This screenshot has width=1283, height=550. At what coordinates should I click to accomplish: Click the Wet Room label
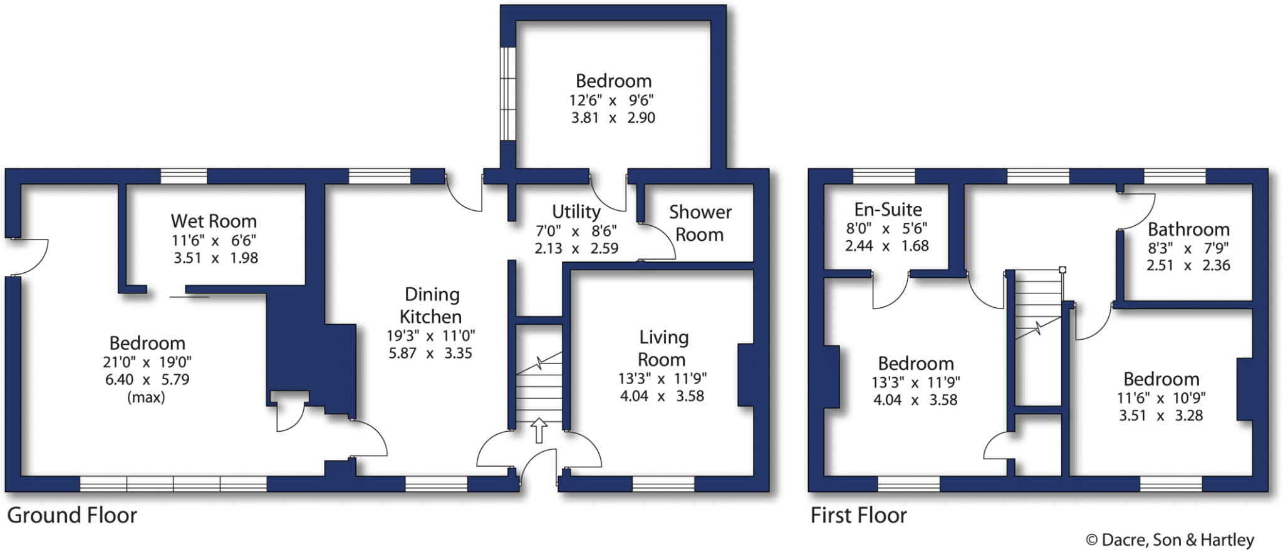214,221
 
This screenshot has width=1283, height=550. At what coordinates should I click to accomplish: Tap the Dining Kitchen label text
431,305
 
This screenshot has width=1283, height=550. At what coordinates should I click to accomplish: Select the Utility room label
576,211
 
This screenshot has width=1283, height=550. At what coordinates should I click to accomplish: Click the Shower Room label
700,223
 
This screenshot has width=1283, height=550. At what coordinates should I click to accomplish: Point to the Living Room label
663,348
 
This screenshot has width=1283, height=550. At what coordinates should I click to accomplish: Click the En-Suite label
888,209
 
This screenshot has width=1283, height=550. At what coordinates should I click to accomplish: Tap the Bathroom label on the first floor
1188,229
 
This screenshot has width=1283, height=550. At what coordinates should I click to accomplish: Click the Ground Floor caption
72,515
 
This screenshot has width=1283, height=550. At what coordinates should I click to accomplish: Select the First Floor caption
858,515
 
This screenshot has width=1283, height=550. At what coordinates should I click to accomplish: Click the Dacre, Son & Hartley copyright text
1170,539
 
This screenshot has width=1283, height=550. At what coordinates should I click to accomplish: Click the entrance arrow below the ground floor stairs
539,430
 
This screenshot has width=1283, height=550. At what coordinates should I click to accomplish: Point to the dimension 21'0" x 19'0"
147,362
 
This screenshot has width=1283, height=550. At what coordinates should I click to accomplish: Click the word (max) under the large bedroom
146,397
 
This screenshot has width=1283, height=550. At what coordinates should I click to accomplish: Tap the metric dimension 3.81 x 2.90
613,118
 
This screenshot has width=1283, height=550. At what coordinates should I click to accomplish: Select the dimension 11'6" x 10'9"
1161,398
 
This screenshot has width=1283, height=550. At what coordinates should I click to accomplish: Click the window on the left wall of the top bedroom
507,94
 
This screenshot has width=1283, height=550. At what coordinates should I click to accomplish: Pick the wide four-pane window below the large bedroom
174,484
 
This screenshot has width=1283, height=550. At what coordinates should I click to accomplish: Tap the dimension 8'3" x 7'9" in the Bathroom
1188,248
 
